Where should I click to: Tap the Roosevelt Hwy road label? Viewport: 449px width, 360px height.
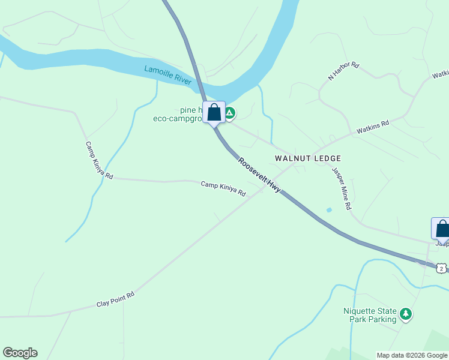(259, 175)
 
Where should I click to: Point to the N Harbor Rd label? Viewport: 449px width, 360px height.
(343, 71)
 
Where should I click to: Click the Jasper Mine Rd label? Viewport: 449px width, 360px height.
(341, 188)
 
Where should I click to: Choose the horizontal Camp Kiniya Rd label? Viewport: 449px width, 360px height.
(223, 189)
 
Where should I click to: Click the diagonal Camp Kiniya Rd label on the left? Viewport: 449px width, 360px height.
(99, 160)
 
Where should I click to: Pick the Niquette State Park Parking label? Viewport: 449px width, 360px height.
(370, 315)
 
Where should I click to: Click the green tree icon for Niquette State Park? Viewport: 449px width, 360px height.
(406, 314)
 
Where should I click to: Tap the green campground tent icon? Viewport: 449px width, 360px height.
(229, 112)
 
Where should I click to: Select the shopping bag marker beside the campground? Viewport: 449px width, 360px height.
(214, 112)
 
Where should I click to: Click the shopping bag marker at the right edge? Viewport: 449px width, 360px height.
(441, 229)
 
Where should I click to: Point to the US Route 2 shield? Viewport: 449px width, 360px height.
(442, 268)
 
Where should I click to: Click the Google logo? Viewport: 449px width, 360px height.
(20, 353)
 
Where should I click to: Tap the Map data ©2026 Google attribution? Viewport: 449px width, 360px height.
(412, 355)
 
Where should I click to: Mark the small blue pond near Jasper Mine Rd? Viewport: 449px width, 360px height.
(328, 210)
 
